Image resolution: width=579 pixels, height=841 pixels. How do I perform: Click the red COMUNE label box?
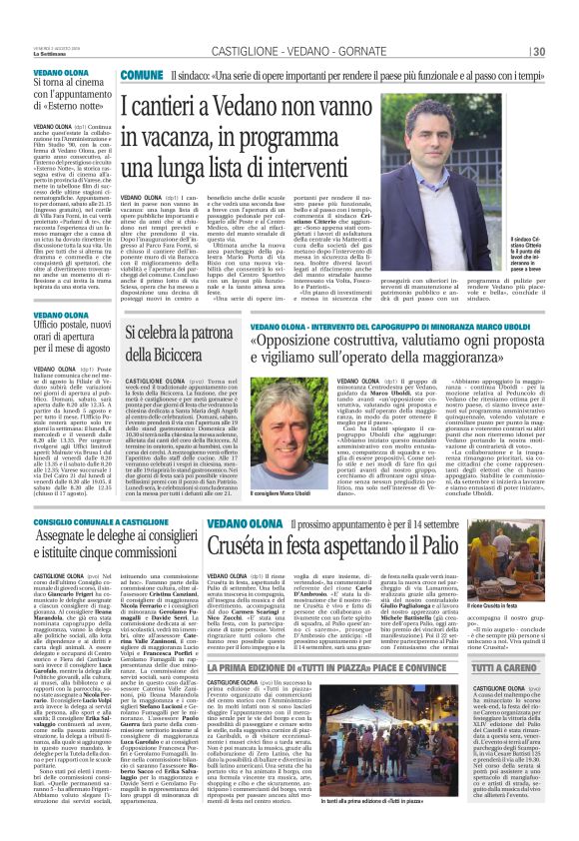coord(142,76)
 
